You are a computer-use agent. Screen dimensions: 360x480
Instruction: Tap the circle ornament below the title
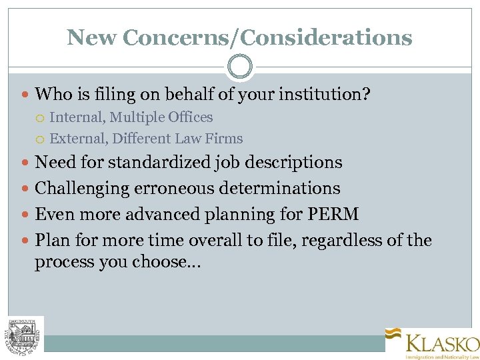(x=240, y=67)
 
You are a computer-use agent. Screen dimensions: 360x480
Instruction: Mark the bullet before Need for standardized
(x=26, y=163)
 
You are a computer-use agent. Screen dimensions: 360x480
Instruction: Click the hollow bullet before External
(x=40, y=139)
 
